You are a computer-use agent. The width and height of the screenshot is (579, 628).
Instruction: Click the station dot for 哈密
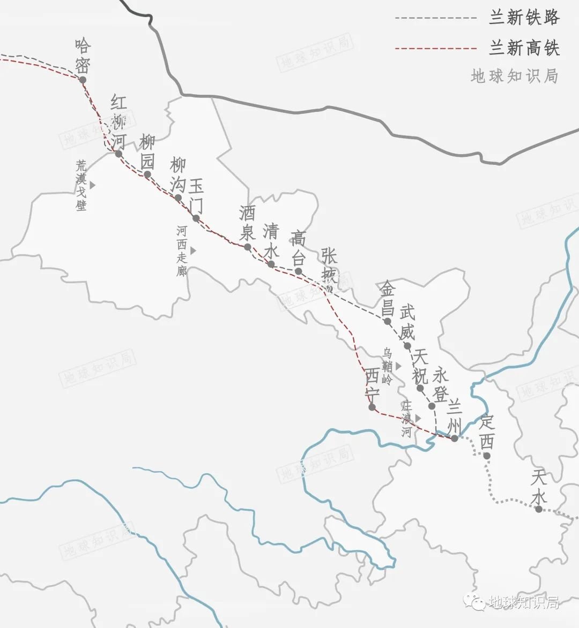(83, 80)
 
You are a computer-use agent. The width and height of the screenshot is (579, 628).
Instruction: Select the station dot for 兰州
(454, 438)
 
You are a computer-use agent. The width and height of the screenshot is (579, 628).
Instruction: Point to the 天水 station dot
(539, 509)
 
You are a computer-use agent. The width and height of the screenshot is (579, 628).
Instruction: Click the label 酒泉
(247, 223)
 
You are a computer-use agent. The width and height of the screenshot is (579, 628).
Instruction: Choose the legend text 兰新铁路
(524, 18)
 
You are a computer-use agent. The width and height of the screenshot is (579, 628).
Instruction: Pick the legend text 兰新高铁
(524, 48)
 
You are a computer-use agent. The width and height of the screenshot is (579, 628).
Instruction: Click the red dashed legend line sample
(436, 49)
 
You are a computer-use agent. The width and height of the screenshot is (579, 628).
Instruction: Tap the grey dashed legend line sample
(436, 18)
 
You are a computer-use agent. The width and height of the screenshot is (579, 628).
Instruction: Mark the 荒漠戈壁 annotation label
(81, 185)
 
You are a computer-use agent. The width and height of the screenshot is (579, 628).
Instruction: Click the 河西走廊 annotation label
(182, 251)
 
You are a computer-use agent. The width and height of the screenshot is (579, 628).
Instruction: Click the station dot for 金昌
(387, 321)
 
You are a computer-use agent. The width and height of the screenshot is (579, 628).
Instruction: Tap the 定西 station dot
(487, 456)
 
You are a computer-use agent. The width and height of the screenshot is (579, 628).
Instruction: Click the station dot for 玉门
(196, 218)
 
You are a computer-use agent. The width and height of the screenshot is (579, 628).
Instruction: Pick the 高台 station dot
(299, 271)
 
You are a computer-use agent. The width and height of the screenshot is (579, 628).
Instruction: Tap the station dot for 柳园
(147, 174)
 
